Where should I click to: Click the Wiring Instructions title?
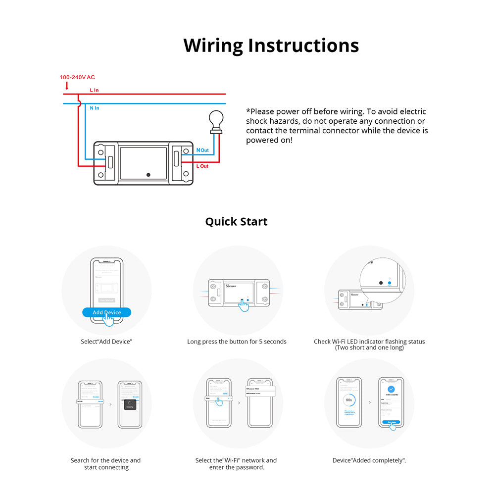[271, 45]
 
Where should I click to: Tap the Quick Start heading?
[236, 221]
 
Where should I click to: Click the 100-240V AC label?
[77, 77]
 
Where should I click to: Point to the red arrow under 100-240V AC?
[67, 86]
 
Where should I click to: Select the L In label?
[94, 90]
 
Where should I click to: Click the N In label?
[94, 108]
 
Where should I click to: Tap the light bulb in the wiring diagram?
[215, 120]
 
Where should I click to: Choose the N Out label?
[202, 150]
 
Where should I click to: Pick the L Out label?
[202, 166]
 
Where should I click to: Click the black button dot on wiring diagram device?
[148, 174]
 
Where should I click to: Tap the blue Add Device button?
[106, 312]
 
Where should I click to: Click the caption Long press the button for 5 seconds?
[237, 342]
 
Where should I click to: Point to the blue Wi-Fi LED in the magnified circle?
[390, 283]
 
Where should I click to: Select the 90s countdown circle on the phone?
[348, 399]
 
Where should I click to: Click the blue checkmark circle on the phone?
[391, 390]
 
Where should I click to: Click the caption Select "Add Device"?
[106, 342]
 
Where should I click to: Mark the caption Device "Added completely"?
[369, 460]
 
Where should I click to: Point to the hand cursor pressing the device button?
[243, 305]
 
